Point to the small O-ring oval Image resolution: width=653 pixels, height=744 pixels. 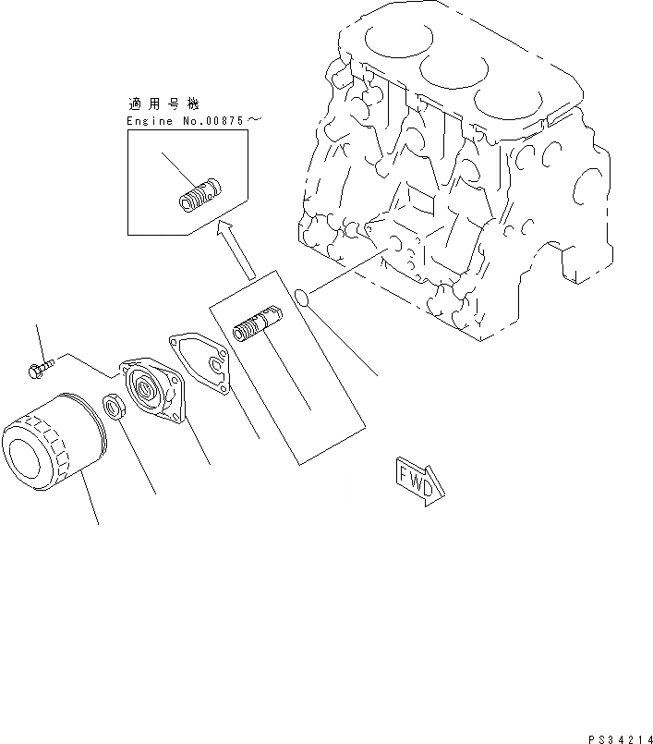pos(300,296)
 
